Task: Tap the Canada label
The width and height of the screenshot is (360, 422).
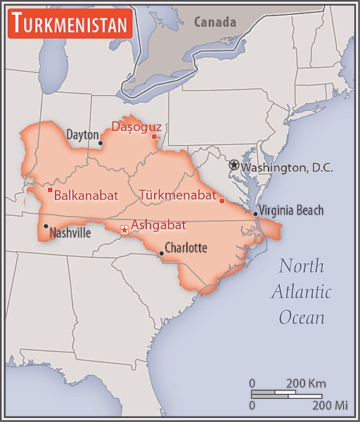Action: point(216,22)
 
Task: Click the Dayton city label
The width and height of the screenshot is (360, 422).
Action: point(82,134)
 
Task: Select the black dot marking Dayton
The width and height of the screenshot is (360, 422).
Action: point(101,143)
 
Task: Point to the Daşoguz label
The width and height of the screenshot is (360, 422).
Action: point(137,127)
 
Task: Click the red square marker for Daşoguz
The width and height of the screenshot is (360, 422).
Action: point(154,136)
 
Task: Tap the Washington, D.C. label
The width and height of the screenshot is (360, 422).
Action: point(287,168)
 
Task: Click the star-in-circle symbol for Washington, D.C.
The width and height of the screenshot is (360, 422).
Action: point(234,165)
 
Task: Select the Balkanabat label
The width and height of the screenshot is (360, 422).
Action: point(86,195)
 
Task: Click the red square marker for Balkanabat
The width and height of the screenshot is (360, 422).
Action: point(50,190)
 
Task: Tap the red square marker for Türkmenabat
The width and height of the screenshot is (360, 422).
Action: point(222,201)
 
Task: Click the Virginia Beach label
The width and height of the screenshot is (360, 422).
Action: point(291,210)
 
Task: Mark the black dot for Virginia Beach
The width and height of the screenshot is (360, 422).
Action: point(255,214)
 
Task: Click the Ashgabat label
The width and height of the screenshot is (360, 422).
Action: point(158,225)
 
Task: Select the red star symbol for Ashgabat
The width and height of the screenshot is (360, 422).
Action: point(124,229)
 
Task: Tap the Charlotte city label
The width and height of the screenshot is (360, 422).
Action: point(186,248)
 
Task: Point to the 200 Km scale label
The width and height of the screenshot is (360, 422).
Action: point(306,383)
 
